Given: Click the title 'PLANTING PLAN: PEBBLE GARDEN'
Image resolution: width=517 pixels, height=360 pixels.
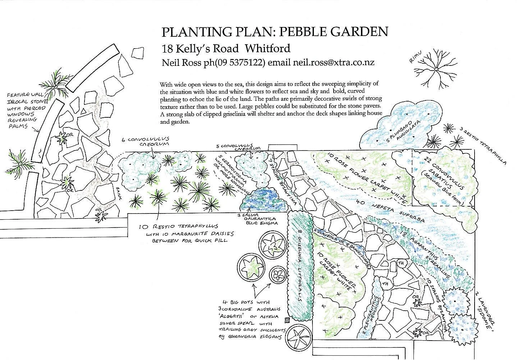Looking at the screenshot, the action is (x=275, y=32).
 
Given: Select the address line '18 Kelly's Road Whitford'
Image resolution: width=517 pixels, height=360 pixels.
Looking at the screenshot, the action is (x=226, y=48).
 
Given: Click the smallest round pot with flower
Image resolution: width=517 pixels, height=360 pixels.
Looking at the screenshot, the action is (x=277, y=275).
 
